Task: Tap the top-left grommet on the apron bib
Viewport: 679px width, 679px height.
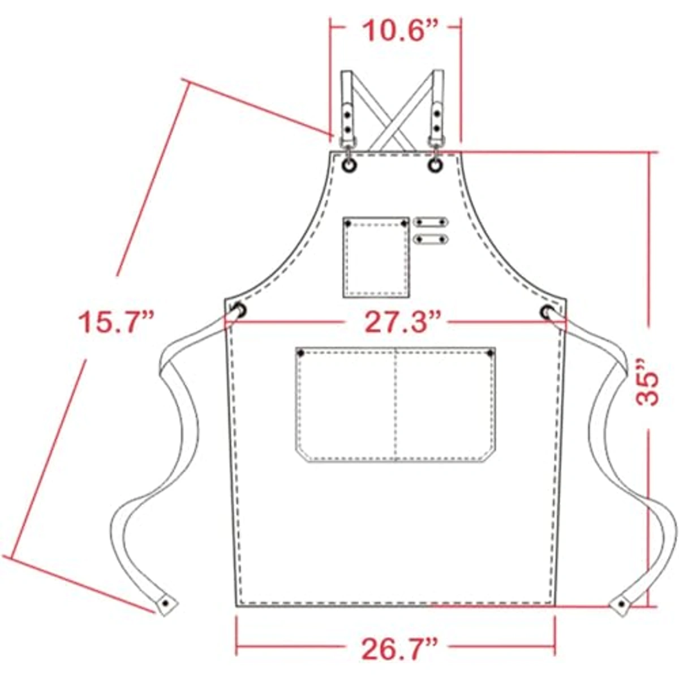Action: [350, 165]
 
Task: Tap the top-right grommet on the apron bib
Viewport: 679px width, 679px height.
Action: [436, 165]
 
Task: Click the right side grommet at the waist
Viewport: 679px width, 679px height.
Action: [547, 312]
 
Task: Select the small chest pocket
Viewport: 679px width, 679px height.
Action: [376, 257]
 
